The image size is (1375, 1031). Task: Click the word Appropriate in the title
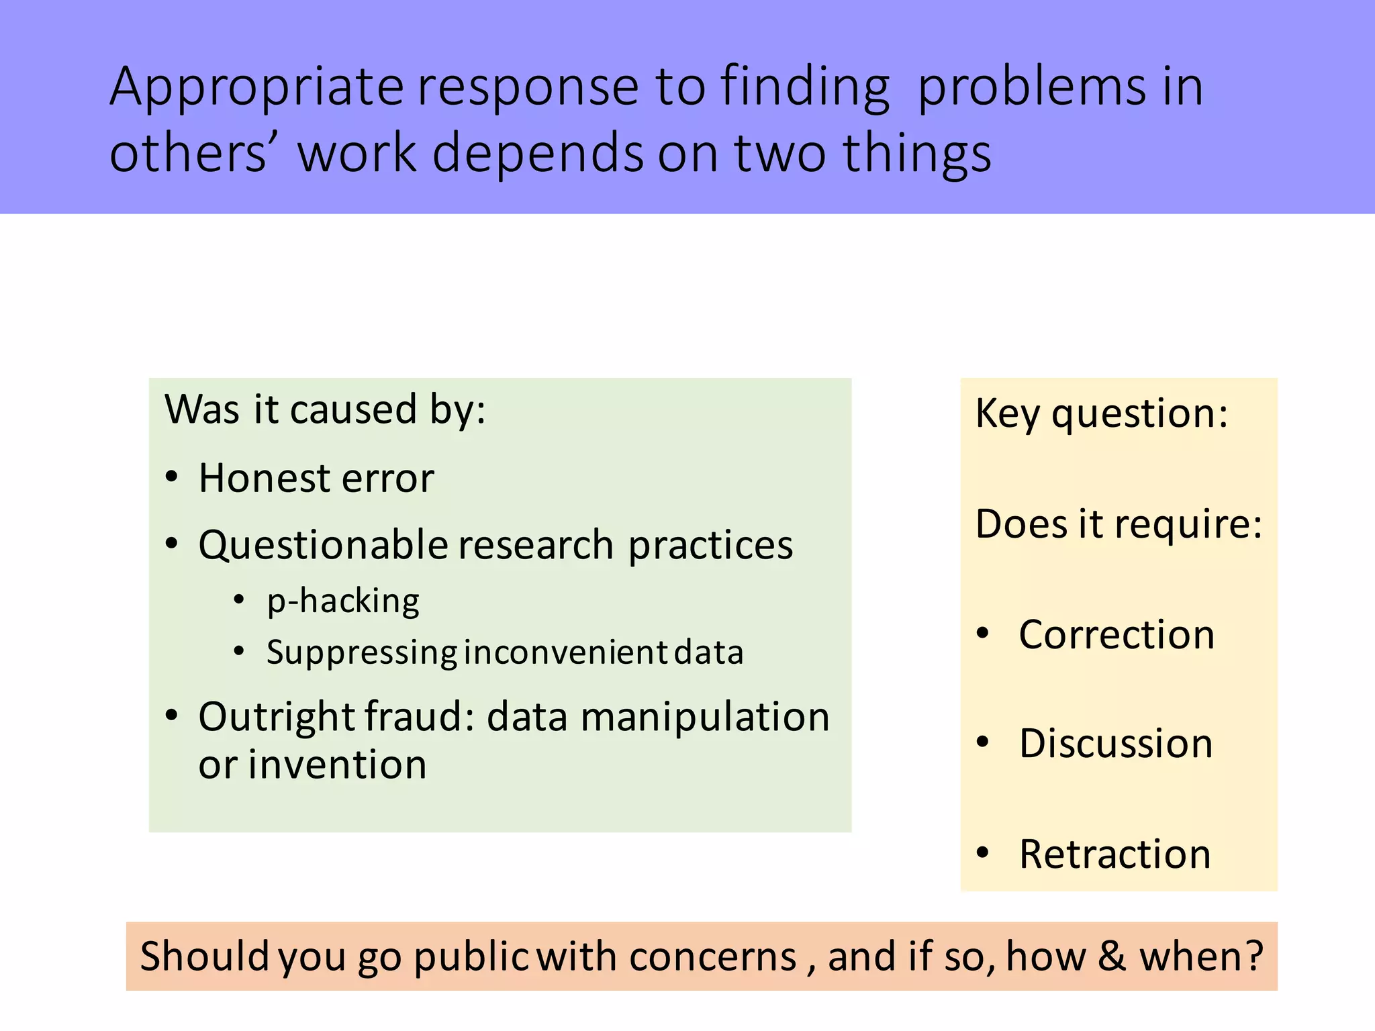click(x=256, y=87)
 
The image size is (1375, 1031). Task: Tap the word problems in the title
click(x=1031, y=87)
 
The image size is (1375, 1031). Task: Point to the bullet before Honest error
click(x=172, y=477)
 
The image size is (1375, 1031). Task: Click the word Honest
click(x=263, y=479)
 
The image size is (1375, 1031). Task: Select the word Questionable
click(x=322, y=544)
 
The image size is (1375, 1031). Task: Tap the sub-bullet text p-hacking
click(x=343, y=601)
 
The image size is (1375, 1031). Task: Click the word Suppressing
click(x=362, y=652)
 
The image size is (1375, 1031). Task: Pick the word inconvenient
click(x=565, y=652)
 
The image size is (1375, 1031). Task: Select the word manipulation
click(x=705, y=717)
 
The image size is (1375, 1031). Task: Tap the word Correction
click(x=1117, y=634)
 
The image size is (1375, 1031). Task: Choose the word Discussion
click(x=1116, y=744)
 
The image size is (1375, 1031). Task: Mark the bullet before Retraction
click(x=983, y=852)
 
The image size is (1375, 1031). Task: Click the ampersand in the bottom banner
click(x=1111, y=956)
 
